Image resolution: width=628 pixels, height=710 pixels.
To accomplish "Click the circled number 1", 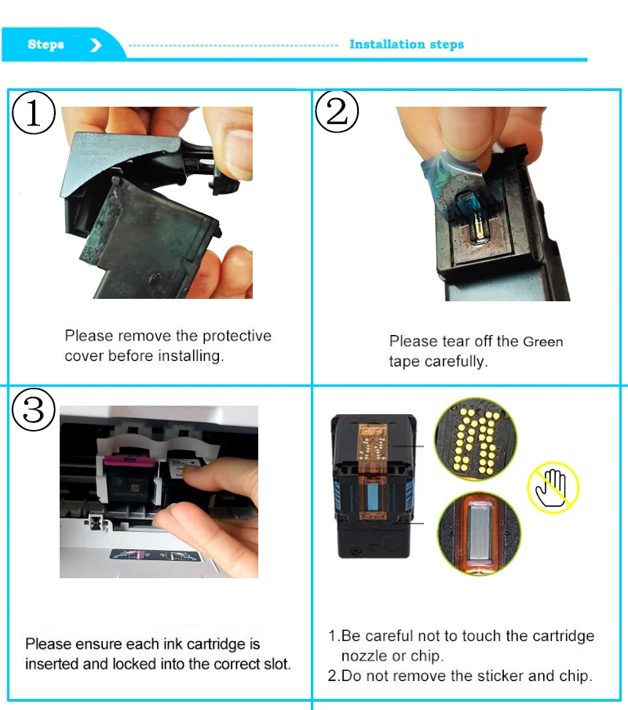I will [x=34, y=114].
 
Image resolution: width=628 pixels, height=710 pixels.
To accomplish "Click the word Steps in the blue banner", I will [x=46, y=45].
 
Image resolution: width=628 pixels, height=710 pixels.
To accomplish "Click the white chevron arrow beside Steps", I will [x=96, y=46].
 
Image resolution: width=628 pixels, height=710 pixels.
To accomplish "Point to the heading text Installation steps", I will [x=406, y=45].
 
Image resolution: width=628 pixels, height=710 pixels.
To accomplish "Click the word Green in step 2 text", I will [x=542, y=342].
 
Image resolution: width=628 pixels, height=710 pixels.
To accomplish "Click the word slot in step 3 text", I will [x=278, y=664].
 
